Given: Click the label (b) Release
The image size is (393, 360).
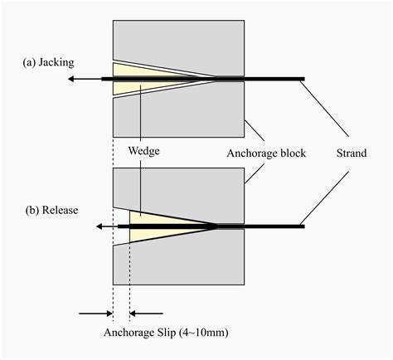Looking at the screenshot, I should point(51,210).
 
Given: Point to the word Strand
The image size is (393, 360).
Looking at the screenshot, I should point(351,153).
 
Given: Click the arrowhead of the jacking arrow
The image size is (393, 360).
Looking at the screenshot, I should point(70,79).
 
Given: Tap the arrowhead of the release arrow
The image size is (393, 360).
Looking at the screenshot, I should point(99,226).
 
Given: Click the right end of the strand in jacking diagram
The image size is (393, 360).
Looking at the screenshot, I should point(303,79).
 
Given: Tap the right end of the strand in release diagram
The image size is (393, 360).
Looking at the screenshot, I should point(303,226).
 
